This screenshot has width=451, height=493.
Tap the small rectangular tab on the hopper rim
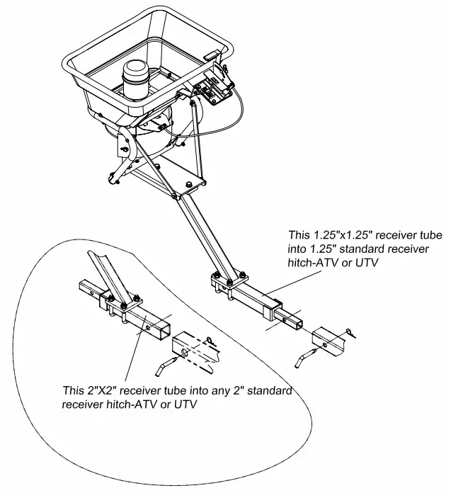211,54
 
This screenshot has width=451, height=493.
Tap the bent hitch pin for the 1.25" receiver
304,357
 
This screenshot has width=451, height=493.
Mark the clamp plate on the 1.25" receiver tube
229,281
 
